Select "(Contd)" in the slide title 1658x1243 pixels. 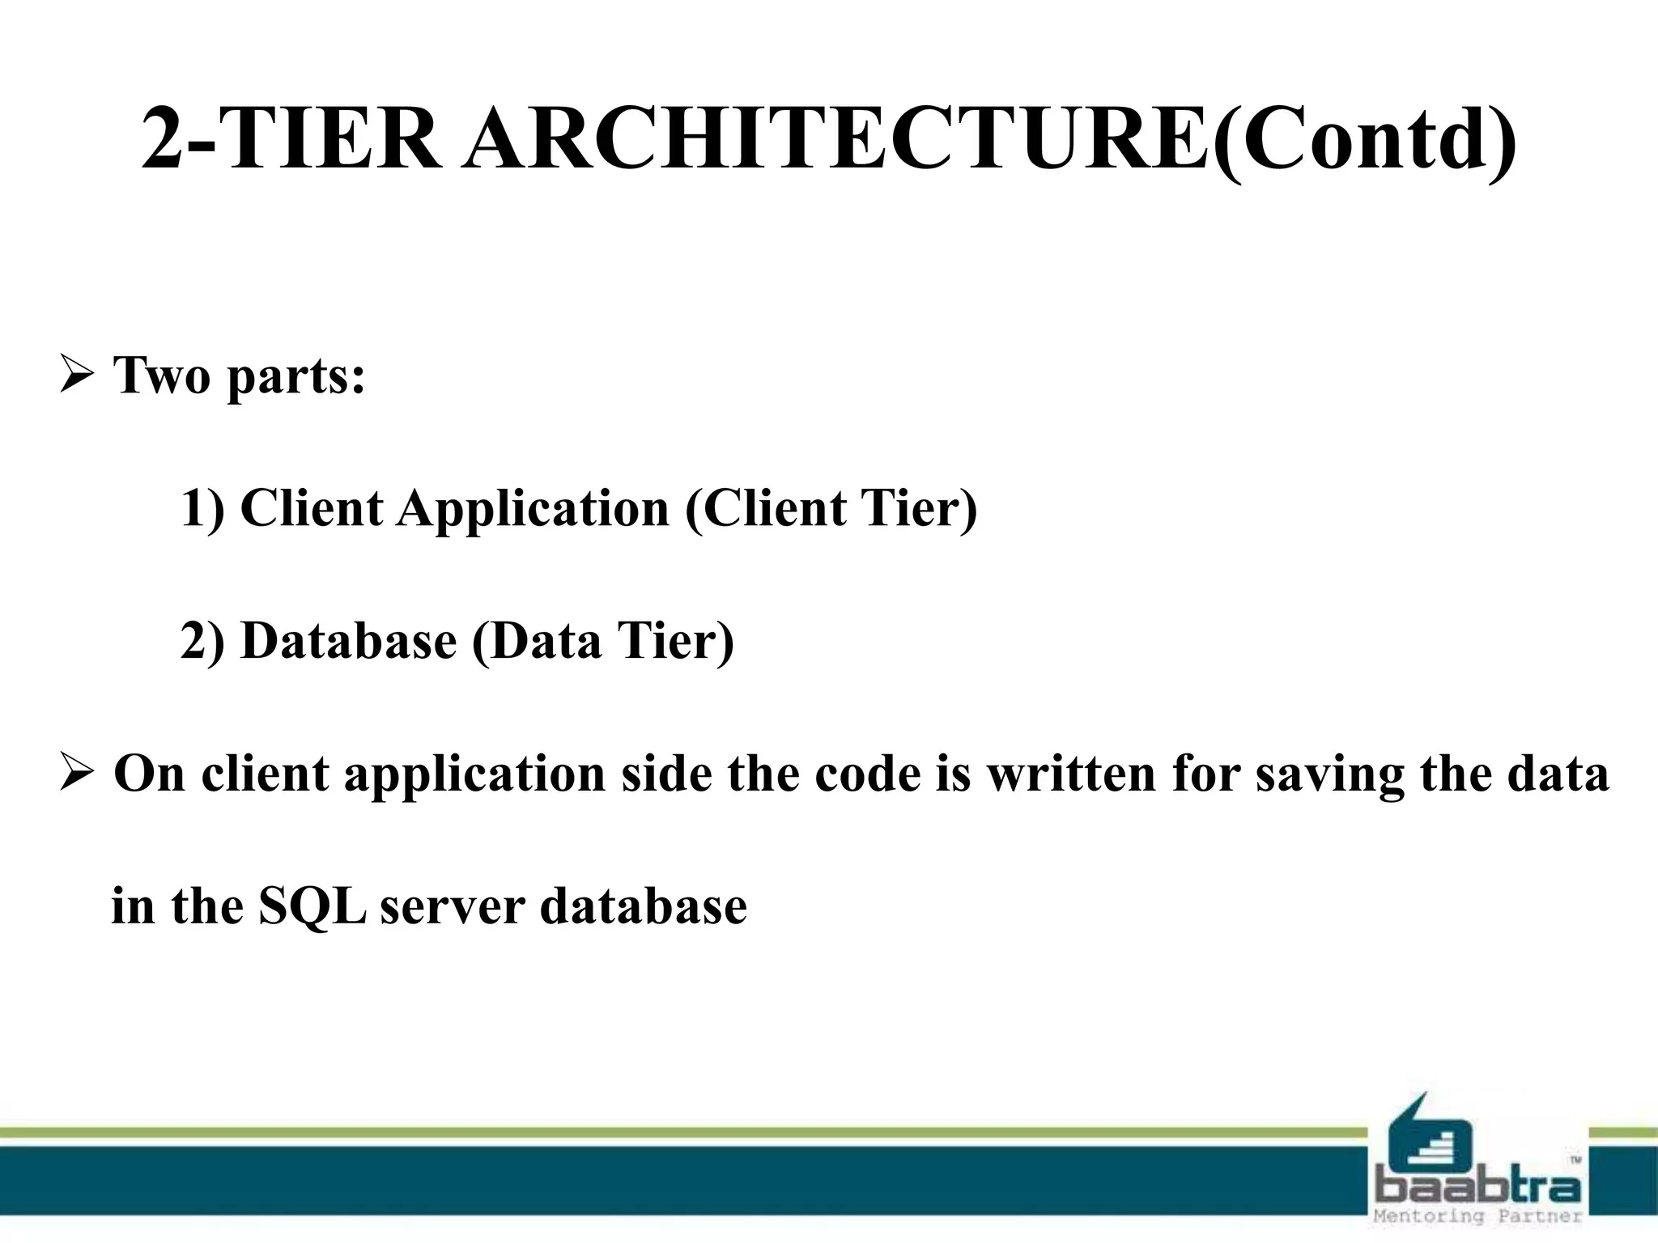[1363, 139]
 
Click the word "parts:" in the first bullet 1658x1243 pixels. [296, 377]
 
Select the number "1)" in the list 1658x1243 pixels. [202, 508]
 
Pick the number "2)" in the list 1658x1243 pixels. [202, 641]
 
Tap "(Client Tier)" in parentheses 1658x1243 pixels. [831, 508]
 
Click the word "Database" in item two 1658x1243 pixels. [349, 641]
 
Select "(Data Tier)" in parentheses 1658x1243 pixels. [602, 641]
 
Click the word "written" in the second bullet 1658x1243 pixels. [1071, 773]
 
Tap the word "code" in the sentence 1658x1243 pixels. [867, 773]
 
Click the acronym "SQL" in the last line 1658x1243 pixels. [312, 906]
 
